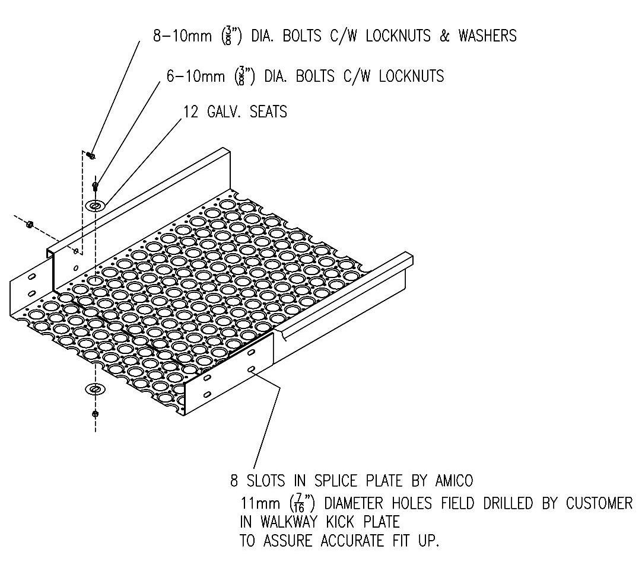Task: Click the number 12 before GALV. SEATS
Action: (190, 111)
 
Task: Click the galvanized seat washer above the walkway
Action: (95, 205)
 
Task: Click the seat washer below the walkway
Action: (95, 389)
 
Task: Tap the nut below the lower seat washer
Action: (95, 413)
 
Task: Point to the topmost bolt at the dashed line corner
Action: (91, 155)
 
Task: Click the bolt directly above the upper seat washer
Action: (95, 187)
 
